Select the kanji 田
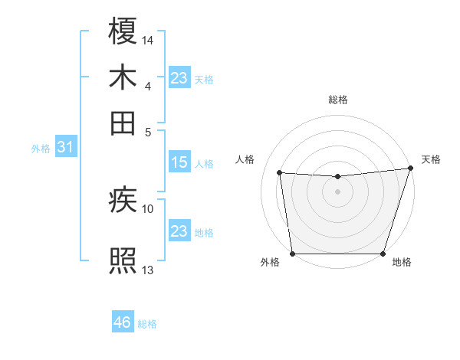pyautogui.click(x=123, y=123)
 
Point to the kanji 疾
pyautogui.click(x=123, y=201)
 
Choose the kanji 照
pyautogui.click(x=123, y=260)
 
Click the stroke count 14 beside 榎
pyautogui.click(x=148, y=39)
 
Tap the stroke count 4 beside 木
pyautogui.click(x=147, y=85)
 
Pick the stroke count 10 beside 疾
pyautogui.click(x=148, y=208)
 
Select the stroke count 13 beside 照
pyautogui.click(x=148, y=269)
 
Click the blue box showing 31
pyautogui.click(x=65, y=147)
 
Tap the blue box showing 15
pyautogui.click(x=179, y=162)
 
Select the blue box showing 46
pyautogui.click(x=122, y=322)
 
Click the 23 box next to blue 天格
pyautogui.click(x=179, y=78)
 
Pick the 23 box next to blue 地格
pyautogui.click(x=179, y=231)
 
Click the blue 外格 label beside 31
pyautogui.click(x=41, y=149)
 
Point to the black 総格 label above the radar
pyautogui.click(x=337, y=100)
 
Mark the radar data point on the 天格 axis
pyautogui.click(x=410, y=168)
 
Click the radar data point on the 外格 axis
pyautogui.click(x=292, y=254)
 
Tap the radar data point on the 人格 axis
pyautogui.click(x=280, y=173)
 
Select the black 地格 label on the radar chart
pyautogui.click(x=402, y=262)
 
